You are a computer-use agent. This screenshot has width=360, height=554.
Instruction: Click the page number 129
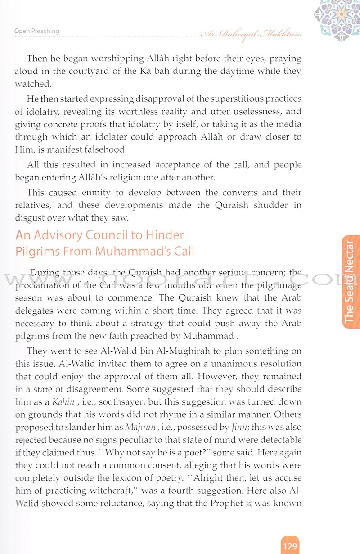tap(290, 546)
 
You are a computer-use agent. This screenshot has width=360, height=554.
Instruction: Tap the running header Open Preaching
tap(36, 31)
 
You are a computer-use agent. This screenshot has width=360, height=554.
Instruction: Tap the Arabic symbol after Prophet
tap(248, 503)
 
